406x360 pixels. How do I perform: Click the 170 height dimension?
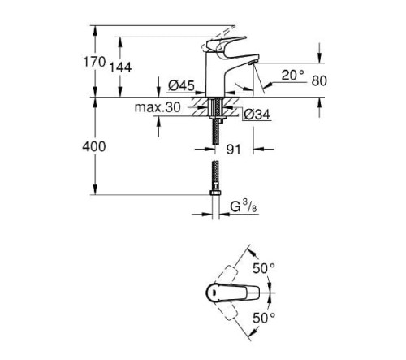(94, 62)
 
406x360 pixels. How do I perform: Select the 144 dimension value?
(120, 67)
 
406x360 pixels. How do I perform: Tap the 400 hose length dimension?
(94, 147)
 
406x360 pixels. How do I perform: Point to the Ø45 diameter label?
(181, 86)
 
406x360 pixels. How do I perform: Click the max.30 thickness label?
(158, 107)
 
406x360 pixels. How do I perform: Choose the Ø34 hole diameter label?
(257, 115)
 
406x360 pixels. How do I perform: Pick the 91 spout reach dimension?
(233, 150)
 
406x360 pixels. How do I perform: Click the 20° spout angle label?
(293, 75)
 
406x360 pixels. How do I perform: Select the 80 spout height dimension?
(319, 80)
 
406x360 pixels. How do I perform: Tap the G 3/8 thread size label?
(244, 206)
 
